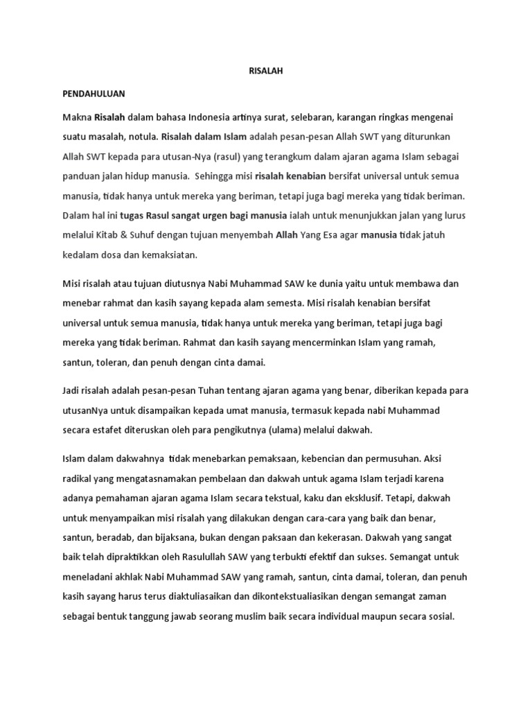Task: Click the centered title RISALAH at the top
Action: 265,71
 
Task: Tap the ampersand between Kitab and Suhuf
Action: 127,235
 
